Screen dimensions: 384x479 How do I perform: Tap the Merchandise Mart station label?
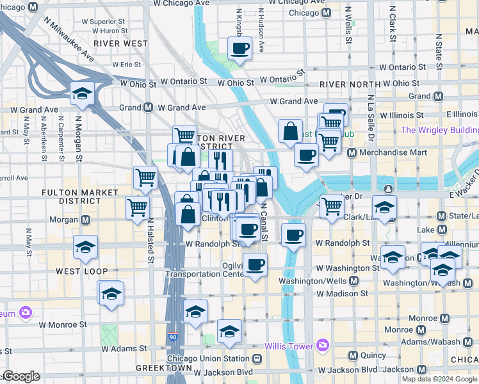[x=386, y=152]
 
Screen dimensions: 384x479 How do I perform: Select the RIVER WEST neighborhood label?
[x=120, y=44]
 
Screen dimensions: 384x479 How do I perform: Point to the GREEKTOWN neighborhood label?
[x=165, y=369]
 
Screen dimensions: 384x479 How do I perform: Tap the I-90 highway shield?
[x=174, y=337]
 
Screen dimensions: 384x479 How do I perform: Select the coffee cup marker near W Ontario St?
[x=240, y=48]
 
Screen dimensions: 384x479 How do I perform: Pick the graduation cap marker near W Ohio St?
[x=83, y=93]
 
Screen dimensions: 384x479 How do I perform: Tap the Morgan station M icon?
[x=86, y=220]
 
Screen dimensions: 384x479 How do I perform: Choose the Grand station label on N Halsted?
[x=129, y=108]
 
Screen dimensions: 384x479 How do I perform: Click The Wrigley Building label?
[x=439, y=131]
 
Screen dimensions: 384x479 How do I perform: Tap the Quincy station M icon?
[x=353, y=355]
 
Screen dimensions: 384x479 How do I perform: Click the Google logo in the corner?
[x=20, y=376]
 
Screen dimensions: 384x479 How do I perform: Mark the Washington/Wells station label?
[x=311, y=281]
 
